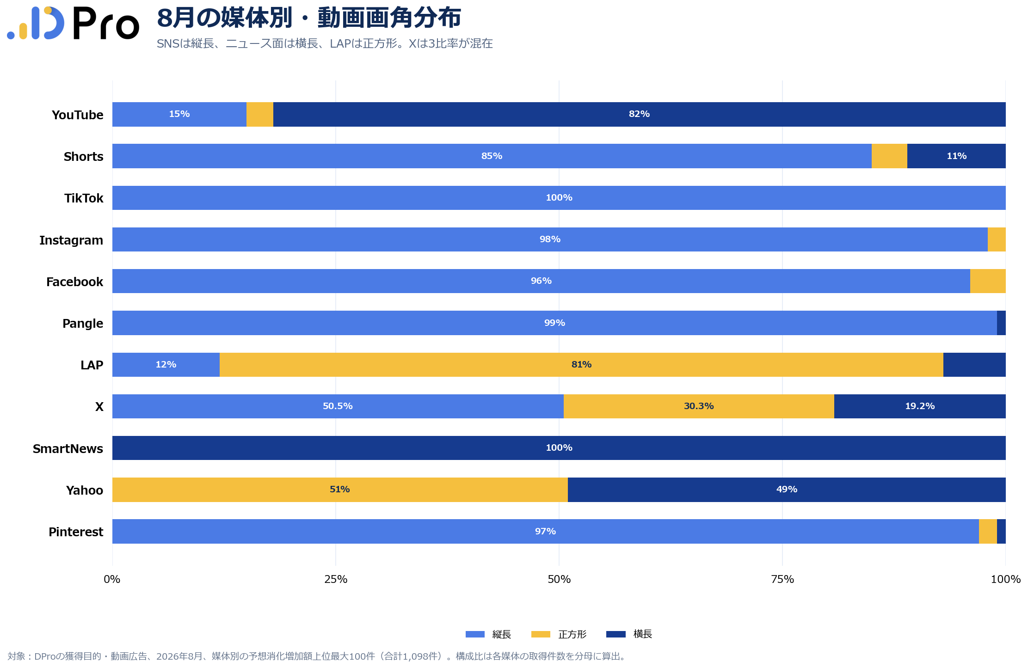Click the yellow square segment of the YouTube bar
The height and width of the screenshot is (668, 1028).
pos(260,114)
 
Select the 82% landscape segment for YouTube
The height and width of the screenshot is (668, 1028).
pos(640,114)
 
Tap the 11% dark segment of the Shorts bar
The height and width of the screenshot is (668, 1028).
pos(956,156)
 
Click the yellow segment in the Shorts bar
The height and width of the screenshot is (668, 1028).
pos(889,156)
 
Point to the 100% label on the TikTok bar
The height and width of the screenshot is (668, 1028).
pos(559,198)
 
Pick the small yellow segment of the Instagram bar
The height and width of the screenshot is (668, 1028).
pos(997,239)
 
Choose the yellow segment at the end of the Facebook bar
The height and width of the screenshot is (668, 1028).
pos(988,281)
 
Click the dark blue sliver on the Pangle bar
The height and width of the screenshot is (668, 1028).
pos(1001,323)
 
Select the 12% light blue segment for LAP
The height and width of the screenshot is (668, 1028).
pos(166,365)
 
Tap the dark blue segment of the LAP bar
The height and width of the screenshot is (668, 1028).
pos(974,365)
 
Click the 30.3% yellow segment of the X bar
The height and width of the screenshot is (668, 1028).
pos(699,406)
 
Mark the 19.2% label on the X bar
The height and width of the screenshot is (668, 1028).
pos(920,406)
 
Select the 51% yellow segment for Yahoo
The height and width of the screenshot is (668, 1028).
pos(340,490)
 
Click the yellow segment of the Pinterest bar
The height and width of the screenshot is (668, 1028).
pos(988,531)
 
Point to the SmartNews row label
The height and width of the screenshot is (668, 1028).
pos(68,448)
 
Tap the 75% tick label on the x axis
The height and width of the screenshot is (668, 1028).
pos(782,579)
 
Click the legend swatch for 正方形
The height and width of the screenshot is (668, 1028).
pos(541,634)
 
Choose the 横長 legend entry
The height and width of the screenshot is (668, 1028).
pos(629,634)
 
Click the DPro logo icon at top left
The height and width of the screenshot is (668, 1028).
pos(36,23)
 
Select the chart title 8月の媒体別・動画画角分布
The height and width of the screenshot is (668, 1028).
pos(309,18)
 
